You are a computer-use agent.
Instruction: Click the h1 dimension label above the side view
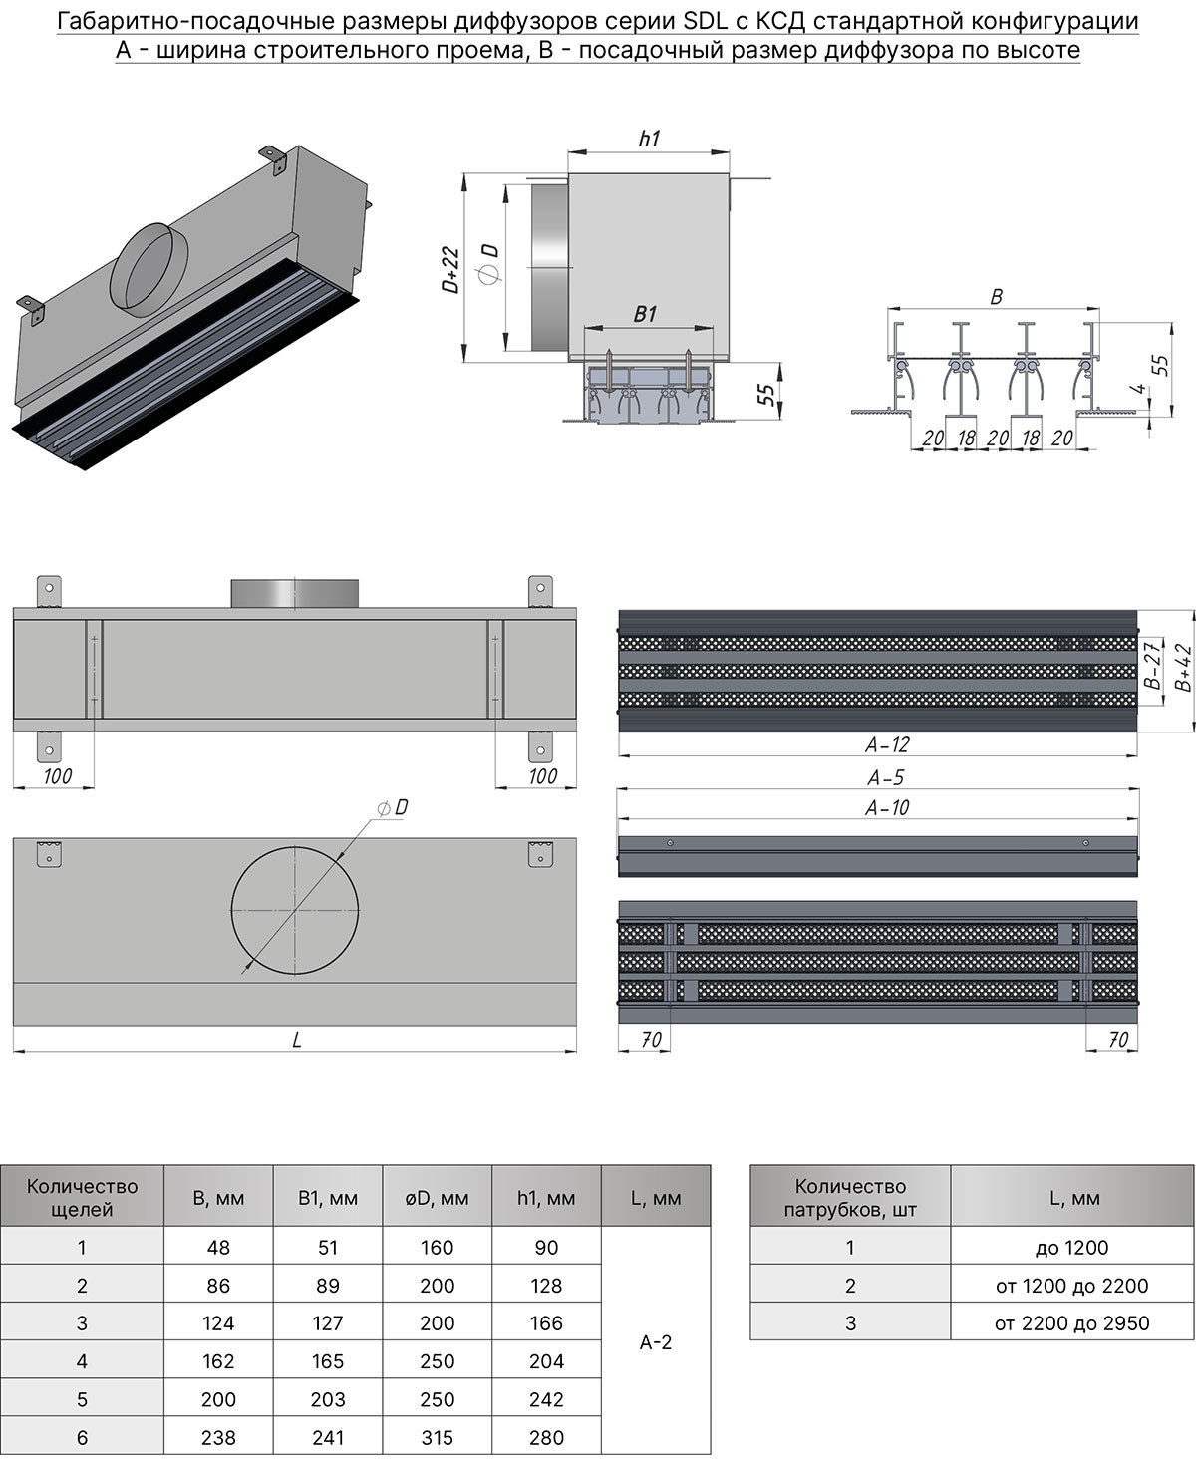(x=649, y=139)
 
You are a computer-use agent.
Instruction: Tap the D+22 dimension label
(x=450, y=269)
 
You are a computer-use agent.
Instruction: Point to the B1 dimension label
(x=646, y=314)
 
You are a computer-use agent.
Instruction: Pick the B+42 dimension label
(x=1183, y=668)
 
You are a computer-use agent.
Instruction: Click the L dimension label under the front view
(x=296, y=1040)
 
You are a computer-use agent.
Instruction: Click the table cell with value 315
(x=437, y=1437)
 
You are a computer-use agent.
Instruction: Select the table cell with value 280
(x=546, y=1437)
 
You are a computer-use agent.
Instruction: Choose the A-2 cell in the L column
(x=655, y=1342)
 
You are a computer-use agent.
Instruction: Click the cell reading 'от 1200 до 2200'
(x=1071, y=1286)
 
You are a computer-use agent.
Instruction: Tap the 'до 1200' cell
(x=1071, y=1247)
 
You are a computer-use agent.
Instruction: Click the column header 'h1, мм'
(x=546, y=1198)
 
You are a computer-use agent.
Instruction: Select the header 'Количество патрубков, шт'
(x=850, y=1198)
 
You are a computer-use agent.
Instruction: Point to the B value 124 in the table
(x=218, y=1323)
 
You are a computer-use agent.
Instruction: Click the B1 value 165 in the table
(x=327, y=1361)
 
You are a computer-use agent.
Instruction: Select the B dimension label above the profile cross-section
(x=996, y=296)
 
